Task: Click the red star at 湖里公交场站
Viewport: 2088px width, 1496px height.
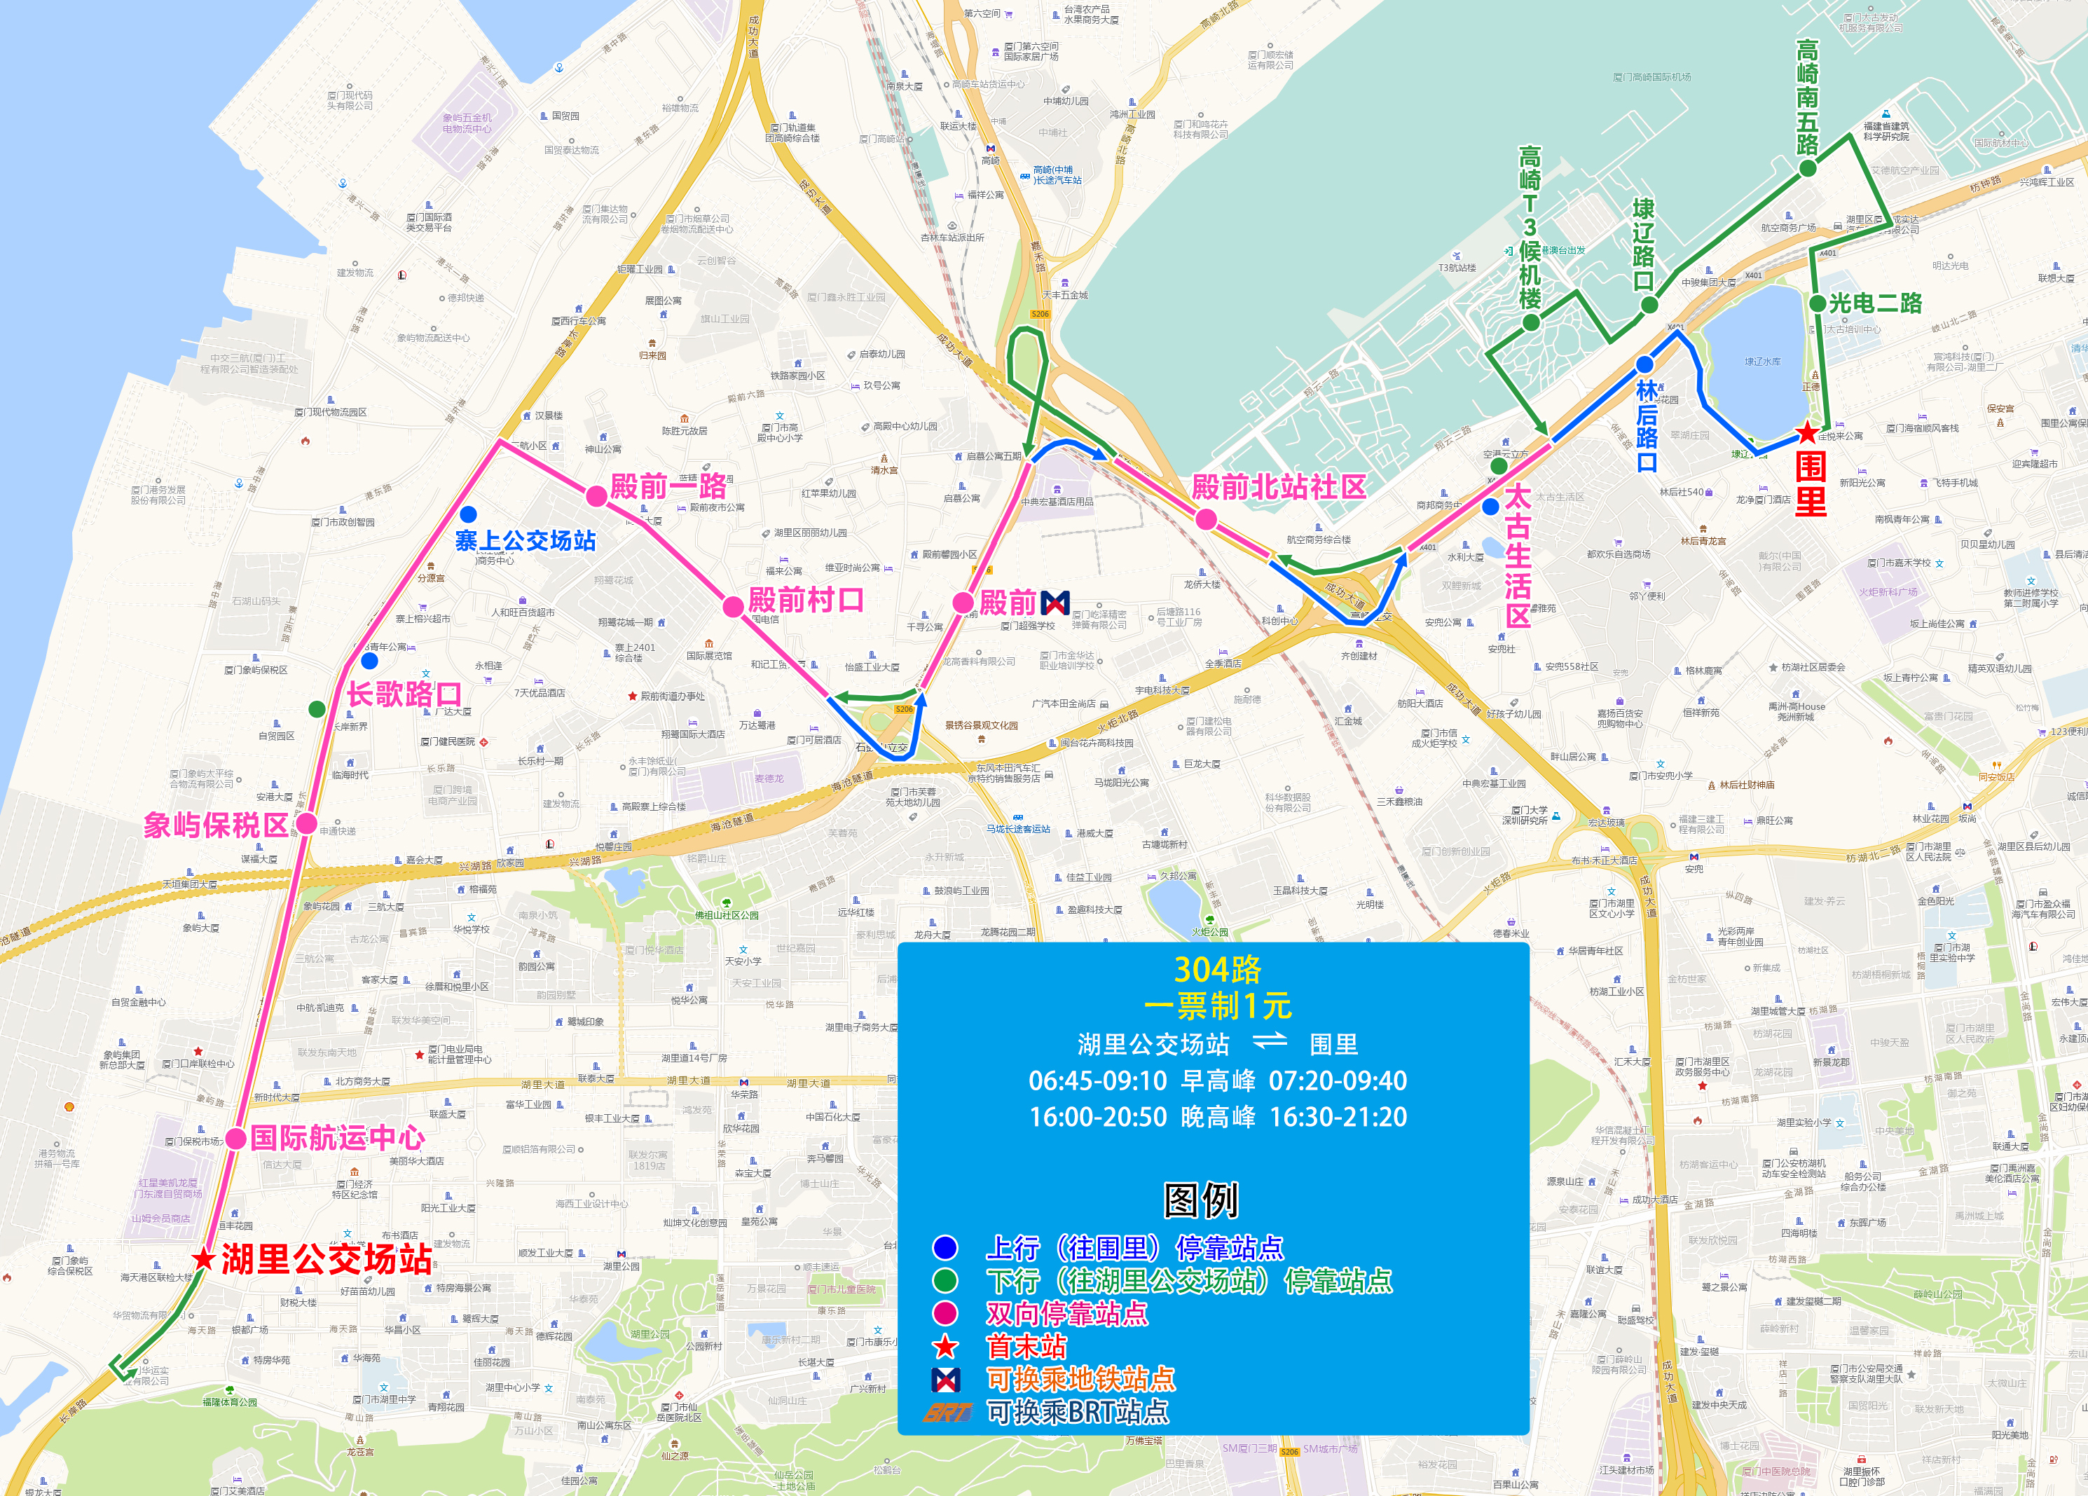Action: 205,1258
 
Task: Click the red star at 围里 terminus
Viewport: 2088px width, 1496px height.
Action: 1807,432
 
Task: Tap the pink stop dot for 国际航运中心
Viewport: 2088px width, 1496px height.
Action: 235,1138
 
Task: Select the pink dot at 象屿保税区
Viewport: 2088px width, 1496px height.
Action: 307,823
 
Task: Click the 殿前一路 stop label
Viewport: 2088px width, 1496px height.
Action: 668,486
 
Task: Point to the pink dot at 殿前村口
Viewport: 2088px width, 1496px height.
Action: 733,606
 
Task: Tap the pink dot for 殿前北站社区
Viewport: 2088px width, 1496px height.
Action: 1206,520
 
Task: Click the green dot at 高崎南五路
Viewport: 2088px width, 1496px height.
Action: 1807,168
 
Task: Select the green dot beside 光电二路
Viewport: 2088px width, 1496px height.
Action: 1818,303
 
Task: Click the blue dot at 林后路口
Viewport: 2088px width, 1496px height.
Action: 1644,364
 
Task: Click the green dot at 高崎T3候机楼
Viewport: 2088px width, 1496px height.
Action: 1530,322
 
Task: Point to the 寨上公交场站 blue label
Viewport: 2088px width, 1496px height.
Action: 525,540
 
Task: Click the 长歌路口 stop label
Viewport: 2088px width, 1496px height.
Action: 404,694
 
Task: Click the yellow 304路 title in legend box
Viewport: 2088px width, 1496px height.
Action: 1217,969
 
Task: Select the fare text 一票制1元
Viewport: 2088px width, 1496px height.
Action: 1217,1006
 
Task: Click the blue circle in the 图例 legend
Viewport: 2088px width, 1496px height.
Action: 945,1247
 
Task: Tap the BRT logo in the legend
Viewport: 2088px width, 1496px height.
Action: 947,1411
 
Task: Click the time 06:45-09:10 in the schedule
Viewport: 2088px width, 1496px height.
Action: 1097,1080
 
